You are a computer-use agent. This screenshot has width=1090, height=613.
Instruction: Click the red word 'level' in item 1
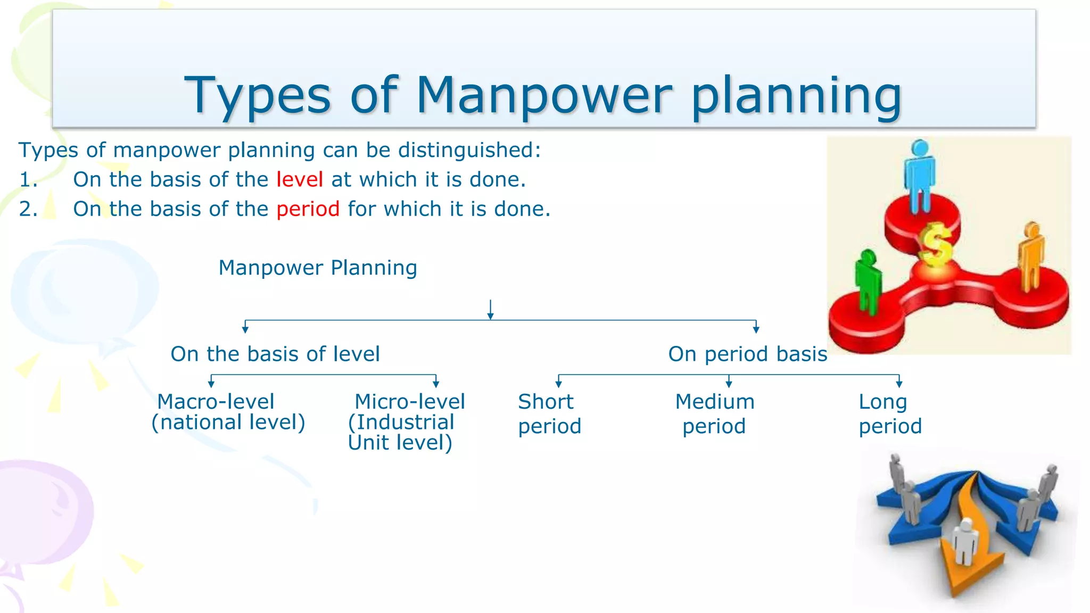[300, 180]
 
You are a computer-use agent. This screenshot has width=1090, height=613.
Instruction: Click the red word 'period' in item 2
[308, 209]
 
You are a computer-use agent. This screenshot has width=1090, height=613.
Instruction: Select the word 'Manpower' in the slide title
[543, 96]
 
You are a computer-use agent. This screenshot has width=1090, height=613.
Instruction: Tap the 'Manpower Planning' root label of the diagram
[318, 268]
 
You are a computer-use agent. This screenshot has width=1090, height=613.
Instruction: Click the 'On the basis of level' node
[275, 354]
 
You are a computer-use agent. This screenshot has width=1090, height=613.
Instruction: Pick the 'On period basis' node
[747, 354]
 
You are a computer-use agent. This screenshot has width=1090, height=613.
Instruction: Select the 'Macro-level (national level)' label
[228, 412]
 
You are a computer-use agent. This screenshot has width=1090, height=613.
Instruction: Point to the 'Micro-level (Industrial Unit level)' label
[406, 421]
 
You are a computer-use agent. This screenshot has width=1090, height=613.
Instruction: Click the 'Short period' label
[549, 413]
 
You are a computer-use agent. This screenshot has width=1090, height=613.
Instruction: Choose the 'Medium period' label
[714, 413]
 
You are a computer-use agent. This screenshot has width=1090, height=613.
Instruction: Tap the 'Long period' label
[889, 413]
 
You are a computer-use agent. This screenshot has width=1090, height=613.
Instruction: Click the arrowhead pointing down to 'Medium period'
[729, 384]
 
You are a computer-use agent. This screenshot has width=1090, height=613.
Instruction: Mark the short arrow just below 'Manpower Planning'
[490, 310]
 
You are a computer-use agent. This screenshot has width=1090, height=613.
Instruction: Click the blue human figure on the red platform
[919, 176]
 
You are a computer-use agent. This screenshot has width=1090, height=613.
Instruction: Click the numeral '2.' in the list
[28, 209]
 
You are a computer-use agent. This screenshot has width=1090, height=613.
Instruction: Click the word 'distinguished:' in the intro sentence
[469, 150]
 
